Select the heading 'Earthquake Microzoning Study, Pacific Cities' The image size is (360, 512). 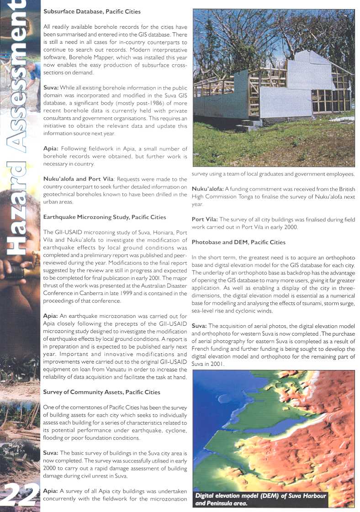point(105,217)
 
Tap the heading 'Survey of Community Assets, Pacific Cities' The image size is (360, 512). point(101,392)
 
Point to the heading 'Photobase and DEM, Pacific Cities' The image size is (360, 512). point(238,242)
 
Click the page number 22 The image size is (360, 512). point(21,495)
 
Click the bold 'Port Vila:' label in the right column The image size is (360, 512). point(204,220)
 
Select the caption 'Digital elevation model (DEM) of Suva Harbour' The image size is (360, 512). point(260,496)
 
